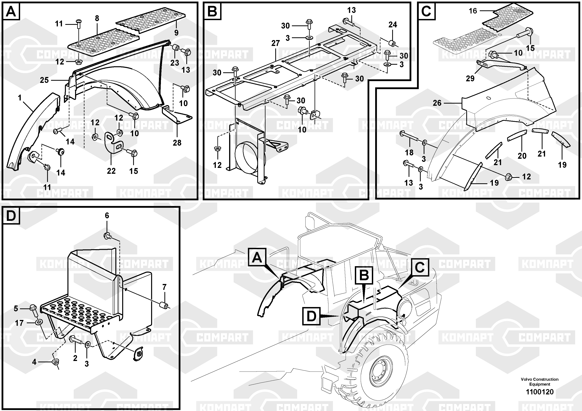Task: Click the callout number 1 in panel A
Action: coord(20,98)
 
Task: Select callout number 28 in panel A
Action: coord(177,143)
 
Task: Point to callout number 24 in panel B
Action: coord(393,25)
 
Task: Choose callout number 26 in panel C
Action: coord(437,103)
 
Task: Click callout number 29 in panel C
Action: coord(470,79)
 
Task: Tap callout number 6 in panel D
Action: coord(107,215)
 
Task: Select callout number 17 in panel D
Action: coord(19,323)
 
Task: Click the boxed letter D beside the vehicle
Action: coord(311,316)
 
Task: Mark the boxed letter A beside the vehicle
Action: coord(257,258)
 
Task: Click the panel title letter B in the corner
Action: coord(212,11)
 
